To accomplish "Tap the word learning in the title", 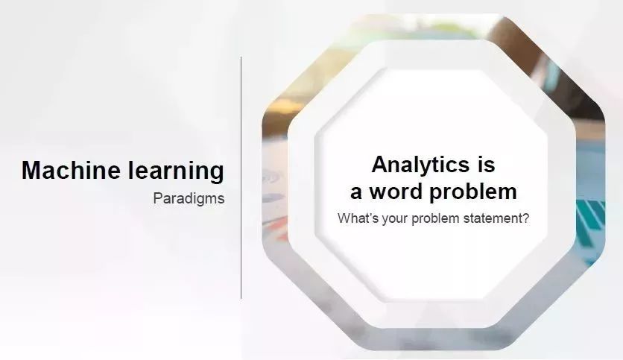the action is pos(176,171).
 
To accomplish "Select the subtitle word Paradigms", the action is pos(189,199).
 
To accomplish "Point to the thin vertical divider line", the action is pos(241,177).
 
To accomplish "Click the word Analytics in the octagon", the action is pos(420,165).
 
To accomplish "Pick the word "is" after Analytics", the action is pos(487,164).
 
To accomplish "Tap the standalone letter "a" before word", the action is pos(356,192).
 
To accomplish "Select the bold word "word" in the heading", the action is pos(395,191).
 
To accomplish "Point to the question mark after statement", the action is pos(525,218).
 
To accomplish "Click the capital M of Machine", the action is pos(32,170).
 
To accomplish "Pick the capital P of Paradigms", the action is pos(158,198).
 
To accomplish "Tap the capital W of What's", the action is pos(345,218).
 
